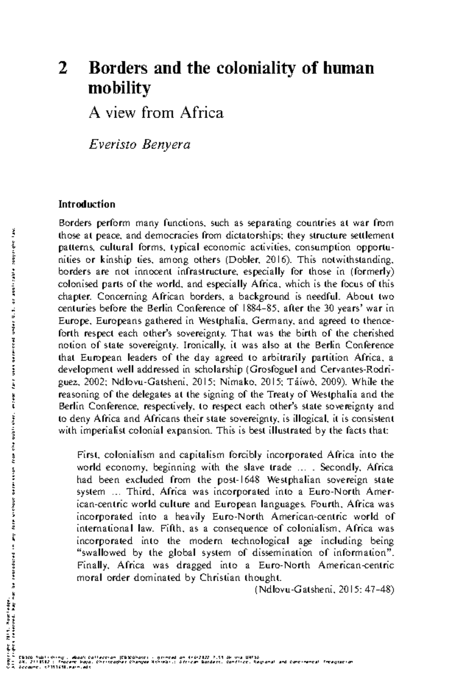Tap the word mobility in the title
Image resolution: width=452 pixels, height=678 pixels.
(x=119, y=89)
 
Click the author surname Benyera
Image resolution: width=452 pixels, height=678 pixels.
(x=165, y=144)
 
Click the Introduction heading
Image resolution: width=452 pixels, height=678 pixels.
(x=87, y=205)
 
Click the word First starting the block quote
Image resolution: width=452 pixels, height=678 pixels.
(x=87, y=455)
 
